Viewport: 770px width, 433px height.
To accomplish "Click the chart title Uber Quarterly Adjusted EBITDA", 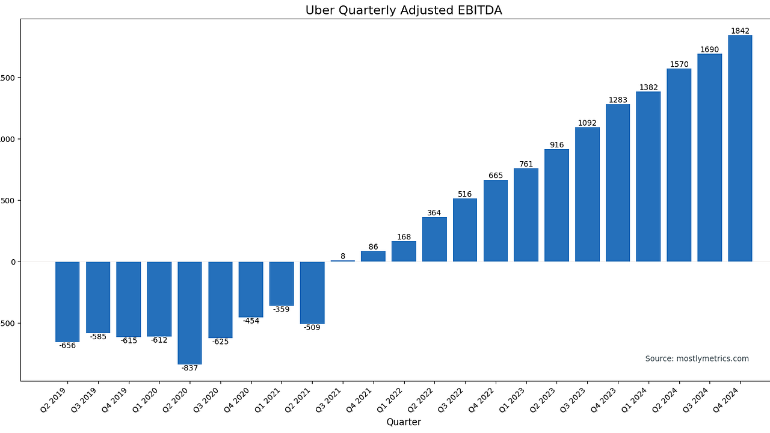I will (403, 10).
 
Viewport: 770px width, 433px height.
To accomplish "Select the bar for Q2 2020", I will (189, 313).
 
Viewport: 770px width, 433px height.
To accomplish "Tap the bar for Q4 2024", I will (740, 148).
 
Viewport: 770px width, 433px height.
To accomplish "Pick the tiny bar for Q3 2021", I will (343, 261).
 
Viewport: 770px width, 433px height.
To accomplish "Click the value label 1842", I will (740, 31).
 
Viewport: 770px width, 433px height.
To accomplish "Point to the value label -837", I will (189, 368).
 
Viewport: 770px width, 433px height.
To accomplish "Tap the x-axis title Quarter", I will (404, 422).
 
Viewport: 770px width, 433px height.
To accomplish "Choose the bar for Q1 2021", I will (282, 283).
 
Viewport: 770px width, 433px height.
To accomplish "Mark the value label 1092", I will (587, 123).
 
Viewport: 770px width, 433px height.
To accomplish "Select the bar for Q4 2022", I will (496, 221).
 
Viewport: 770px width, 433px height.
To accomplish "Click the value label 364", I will (434, 213).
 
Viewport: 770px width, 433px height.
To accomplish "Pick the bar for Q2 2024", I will (679, 165).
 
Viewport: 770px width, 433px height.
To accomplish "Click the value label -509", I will (312, 328).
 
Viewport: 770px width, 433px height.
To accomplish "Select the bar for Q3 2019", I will (98, 297).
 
